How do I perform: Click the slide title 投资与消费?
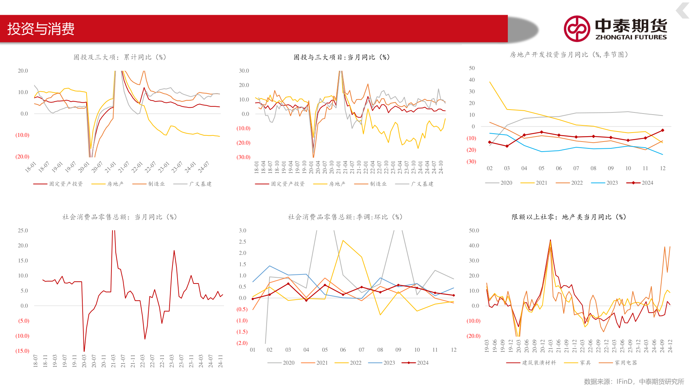(x=41, y=29)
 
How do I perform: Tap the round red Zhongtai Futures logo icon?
(x=577, y=29)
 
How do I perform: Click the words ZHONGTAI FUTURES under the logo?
(x=631, y=37)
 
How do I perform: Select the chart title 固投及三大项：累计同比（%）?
(x=120, y=57)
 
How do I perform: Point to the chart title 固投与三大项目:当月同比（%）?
(x=342, y=57)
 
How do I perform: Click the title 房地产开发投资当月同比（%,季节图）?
(x=569, y=55)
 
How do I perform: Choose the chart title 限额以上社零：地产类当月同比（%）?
(x=569, y=217)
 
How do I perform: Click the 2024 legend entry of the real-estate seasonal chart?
(x=640, y=183)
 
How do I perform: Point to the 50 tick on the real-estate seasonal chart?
(x=472, y=68)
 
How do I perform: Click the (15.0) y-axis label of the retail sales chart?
(x=22, y=351)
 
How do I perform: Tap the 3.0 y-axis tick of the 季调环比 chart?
(x=243, y=231)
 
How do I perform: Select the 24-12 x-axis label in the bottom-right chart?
(x=670, y=346)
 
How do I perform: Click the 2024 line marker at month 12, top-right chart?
(x=662, y=130)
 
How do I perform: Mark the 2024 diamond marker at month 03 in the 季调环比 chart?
(x=288, y=284)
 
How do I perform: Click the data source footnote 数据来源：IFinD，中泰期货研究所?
(x=634, y=382)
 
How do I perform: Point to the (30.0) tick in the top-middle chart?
(x=243, y=157)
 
